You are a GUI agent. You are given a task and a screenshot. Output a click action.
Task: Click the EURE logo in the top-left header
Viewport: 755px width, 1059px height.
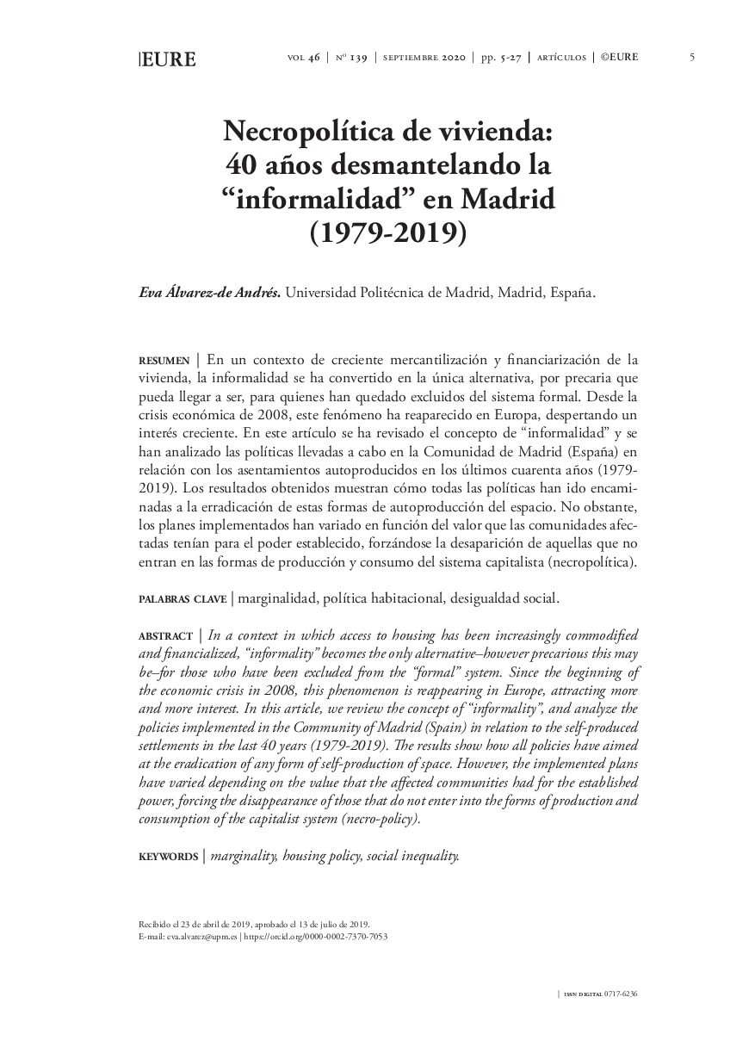(x=168, y=59)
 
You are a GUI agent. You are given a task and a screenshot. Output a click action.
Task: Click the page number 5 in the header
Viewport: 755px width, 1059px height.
(x=692, y=58)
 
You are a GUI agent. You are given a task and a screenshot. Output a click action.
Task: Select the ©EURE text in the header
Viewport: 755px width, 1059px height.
(x=619, y=58)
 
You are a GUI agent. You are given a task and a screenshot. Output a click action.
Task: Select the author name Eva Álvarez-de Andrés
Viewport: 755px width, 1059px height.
(x=209, y=293)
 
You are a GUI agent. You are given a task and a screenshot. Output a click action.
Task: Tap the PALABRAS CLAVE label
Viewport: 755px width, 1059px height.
(x=183, y=598)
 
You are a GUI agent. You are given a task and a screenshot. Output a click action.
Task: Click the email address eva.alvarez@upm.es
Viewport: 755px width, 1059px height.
(x=201, y=936)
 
